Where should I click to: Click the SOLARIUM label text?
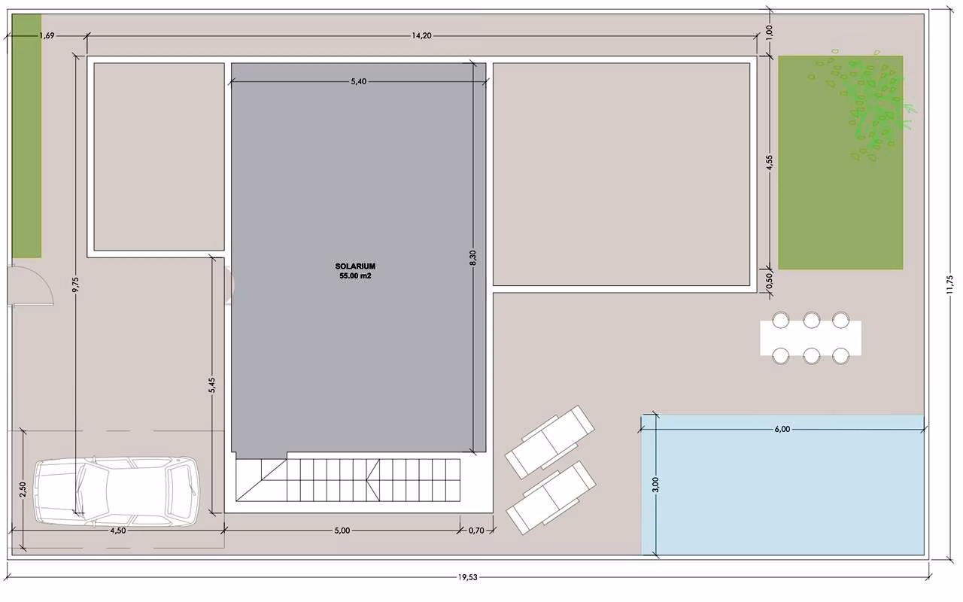pyautogui.click(x=355, y=266)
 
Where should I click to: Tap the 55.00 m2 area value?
pyautogui.click(x=355, y=276)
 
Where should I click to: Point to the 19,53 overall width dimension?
pyautogui.click(x=467, y=577)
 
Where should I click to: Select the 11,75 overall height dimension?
pyautogui.click(x=949, y=284)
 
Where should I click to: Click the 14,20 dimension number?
pyautogui.click(x=421, y=35)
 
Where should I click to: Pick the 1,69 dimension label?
pyautogui.click(x=47, y=35)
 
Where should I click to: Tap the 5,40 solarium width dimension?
pyautogui.click(x=359, y=81)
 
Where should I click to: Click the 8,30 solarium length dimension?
pyautogui.click(x=473, y=258)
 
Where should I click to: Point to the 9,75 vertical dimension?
pyautogui.click(x=76, y=284)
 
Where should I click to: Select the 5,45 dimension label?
pyautogui.click(x=212, y=385)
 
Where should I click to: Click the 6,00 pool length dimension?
pyautogui.click(x=782, y=429)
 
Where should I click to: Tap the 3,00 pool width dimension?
pyautogui.click(x=655, y=484)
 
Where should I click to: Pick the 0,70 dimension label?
pyautogui.click(x=476, y=531)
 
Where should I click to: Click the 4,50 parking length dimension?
pyautogui.click(x=118, y=531)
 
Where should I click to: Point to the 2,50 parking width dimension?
pyautogui.click(x=23, y=489)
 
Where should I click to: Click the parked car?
pyautogui.click(x=117, y=491)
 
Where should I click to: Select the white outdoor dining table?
pyautogui.click(x=811, y=338)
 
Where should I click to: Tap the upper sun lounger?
pyautogui.click(x=550, y=442)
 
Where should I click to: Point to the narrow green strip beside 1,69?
pyautogui.click(x=26, y=136)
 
